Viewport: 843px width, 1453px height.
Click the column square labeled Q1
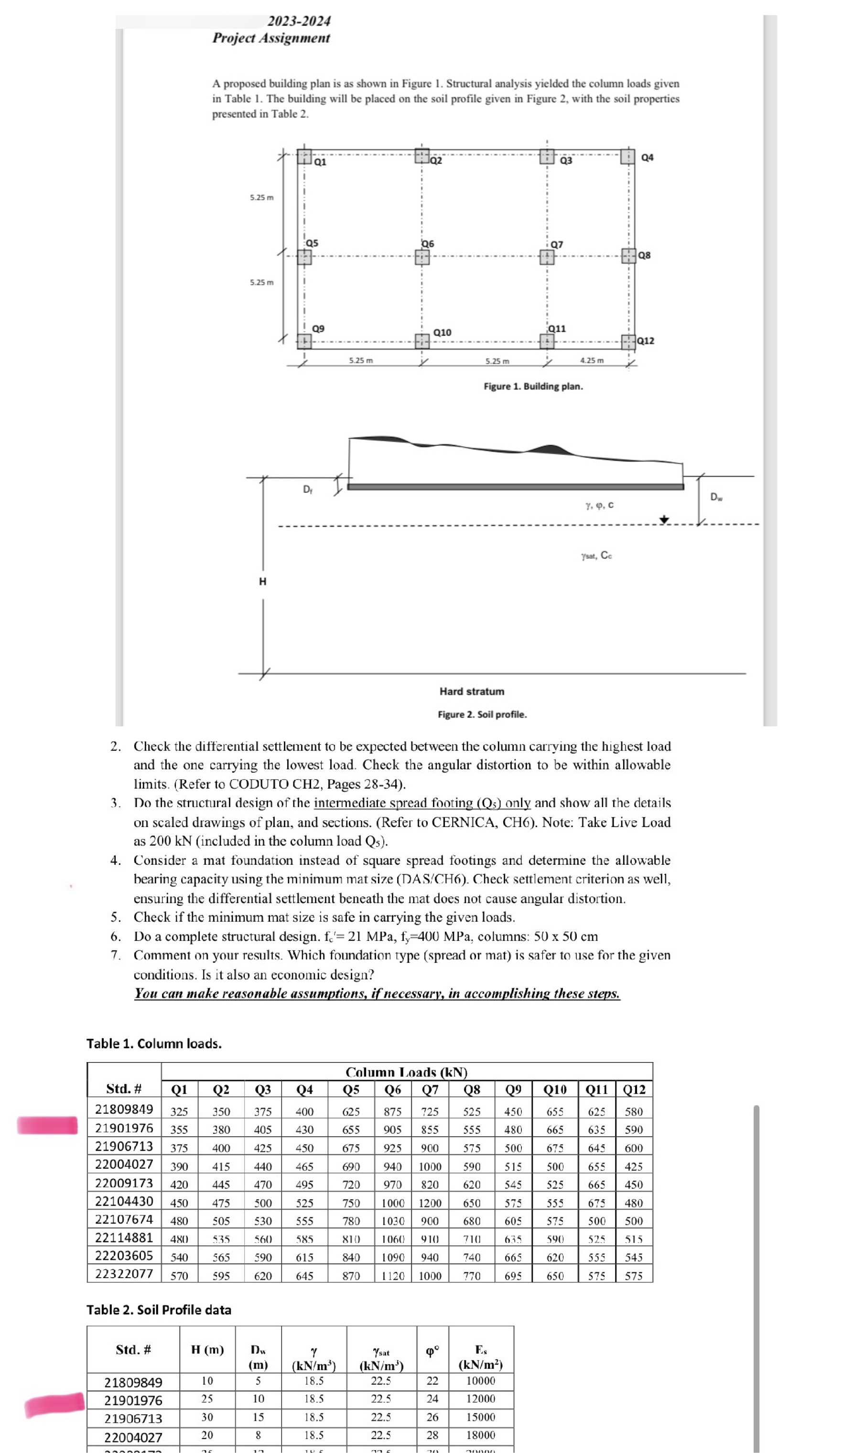[304, 156]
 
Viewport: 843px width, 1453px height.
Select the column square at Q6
[422, 257]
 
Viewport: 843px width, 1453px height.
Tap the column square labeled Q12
[628, 341]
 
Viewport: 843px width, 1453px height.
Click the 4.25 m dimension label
[592, 360]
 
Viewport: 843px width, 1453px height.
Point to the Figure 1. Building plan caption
[533, 387]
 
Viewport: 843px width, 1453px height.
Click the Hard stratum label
[471, 691]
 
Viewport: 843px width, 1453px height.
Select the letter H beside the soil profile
[262, 581]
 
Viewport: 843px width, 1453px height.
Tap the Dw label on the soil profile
[715, 497]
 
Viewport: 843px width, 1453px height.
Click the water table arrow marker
[664, 520]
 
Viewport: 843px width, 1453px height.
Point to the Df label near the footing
[308, 490]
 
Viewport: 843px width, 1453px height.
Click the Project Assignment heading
[271, 38]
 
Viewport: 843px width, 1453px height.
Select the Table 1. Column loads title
[154, 1044]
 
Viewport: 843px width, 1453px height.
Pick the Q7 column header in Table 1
[430, 1089]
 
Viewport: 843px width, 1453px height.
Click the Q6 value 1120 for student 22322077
[393, 1276]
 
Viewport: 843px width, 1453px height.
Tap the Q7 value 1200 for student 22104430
[430, 1203]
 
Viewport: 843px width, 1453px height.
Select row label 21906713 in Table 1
[124, 1147]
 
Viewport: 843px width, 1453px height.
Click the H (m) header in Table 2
[207, 1350]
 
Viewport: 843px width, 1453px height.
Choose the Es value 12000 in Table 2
[480, 1399]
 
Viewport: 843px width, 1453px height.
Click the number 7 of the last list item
[115, 956]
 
